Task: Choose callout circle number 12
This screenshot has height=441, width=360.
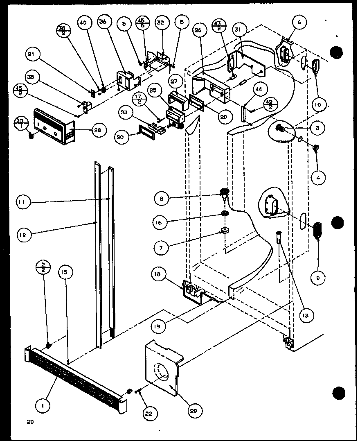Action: tap(24, 235)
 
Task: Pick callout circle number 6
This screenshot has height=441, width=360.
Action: tap(299, 23)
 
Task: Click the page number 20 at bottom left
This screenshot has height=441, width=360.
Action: tap(29, 422)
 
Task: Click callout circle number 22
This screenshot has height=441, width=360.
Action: tap(148, 414)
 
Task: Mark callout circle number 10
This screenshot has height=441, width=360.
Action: tap(319, 105)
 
